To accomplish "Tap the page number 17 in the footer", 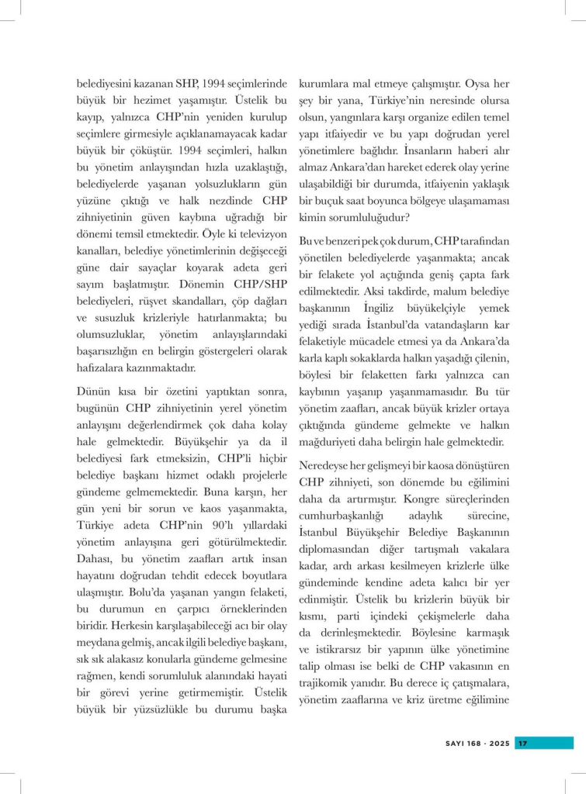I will pos(523,743).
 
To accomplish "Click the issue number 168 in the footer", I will pos(473,743).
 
